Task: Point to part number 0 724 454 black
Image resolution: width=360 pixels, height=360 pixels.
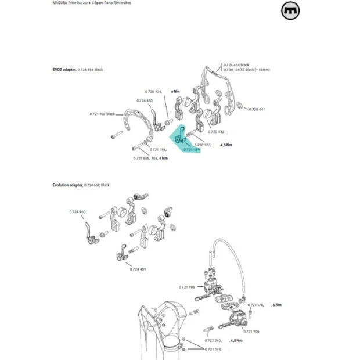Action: tap(236, 64)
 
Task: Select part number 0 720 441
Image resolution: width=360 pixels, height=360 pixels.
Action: tap(257, 109)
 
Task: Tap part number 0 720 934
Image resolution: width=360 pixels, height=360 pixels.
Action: tap(154, 91)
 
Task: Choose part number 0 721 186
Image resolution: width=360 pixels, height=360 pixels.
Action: tap(142, 149)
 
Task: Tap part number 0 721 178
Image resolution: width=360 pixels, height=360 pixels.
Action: tap(255, 305)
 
